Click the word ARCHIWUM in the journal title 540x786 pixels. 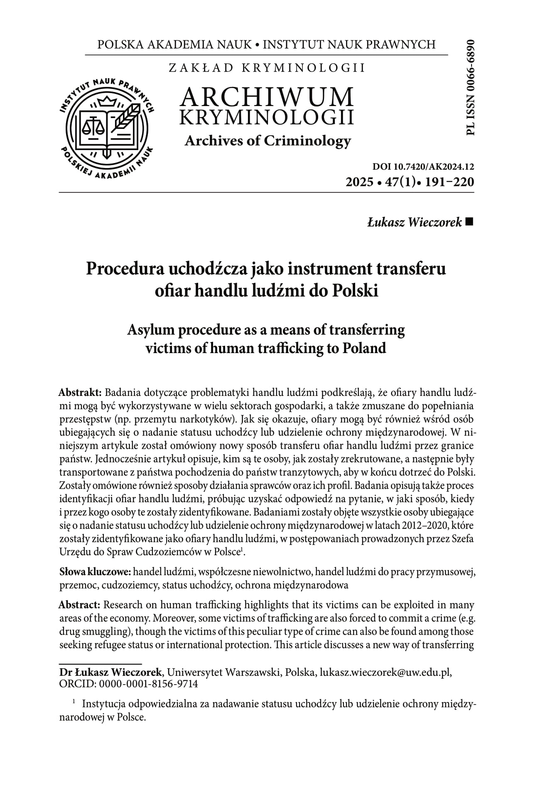click(x=267, y=97)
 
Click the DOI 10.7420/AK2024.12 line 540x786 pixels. click(x=423, y=167)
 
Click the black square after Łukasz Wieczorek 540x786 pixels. click(x=470, y=222)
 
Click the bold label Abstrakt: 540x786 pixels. click(x=81, y=393)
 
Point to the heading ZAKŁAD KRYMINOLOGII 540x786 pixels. click(x=267, y=68)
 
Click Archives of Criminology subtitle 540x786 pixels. click(x=268, y=141)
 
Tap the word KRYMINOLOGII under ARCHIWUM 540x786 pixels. click(x=267, y=117)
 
